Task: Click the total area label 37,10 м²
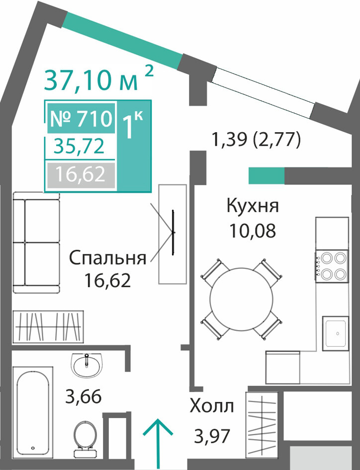point(98,78)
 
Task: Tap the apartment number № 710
point(81,118)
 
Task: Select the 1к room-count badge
point(133,125)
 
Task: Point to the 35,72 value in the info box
point(79,147)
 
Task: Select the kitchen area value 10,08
point(253,231)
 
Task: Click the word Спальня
point(108,259)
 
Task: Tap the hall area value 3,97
point(212,436)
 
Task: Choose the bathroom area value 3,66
point(84,396)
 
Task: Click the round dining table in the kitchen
point(242,300)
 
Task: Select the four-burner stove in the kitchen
point(332,266)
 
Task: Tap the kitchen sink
point(336,333)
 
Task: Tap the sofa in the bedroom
point(36,243)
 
